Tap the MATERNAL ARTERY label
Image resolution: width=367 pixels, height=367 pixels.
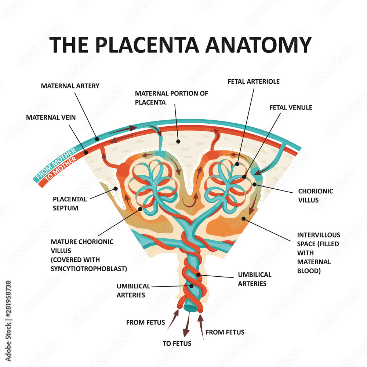(x=70, y=86)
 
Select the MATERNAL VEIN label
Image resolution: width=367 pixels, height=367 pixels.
(x=51, y=118)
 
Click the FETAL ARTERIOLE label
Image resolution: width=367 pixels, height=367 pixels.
(x=253, y=81)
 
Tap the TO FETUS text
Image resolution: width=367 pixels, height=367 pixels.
(x=177, y=344)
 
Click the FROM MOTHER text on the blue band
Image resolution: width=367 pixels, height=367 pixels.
(x=55, y=162)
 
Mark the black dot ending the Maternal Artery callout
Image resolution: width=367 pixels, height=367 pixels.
(x=96, y=139)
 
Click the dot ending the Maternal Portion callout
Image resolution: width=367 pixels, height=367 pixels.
(x=178, y=141)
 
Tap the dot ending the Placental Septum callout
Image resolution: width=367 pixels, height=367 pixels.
(x=115, y=189)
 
